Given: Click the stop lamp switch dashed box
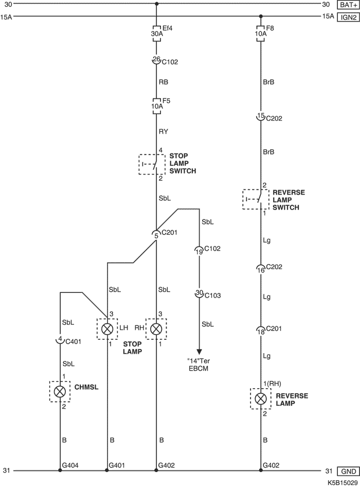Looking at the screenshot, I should tap(150, 164).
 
